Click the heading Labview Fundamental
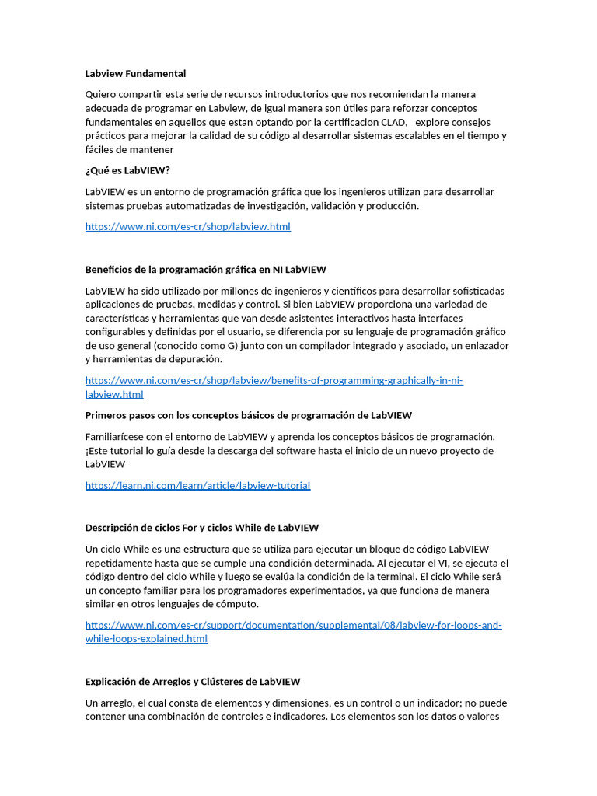135,74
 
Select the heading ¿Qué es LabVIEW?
127,170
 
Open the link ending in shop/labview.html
187,227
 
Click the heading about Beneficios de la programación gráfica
205,270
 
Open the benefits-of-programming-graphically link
274,381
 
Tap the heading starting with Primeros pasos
248,416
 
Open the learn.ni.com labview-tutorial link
197,486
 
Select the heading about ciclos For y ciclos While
201,528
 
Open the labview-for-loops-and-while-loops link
293,626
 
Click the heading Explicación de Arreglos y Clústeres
192,682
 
